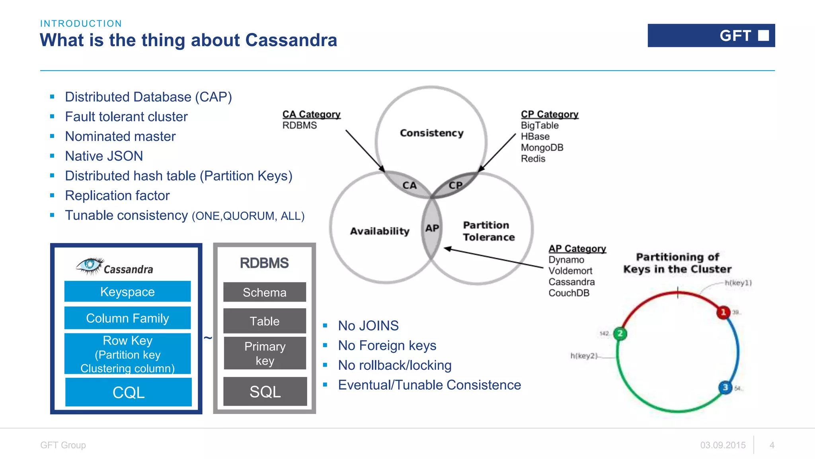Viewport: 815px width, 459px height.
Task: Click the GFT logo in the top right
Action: click(711, 35)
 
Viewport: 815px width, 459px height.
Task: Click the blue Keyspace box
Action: click(127, 292)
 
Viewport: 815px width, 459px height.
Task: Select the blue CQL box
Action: click(128, 392)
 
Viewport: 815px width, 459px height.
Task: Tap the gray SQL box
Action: click(265, 391)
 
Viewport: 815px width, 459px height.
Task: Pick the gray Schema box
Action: click(265, 292)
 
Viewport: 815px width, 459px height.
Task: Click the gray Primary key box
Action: click(265, 353)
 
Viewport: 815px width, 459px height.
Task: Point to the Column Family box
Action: click(127, 318)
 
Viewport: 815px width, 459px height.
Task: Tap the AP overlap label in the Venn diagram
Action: click(432, 228)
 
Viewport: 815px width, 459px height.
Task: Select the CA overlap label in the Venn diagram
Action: click(409, 185)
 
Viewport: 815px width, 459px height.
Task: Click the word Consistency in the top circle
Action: click(431, 133)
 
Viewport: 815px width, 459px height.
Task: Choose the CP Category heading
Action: click(549, 114)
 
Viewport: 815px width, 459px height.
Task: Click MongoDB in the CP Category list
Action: click(542, 147)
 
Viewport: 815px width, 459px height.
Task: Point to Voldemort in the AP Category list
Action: click(570, 271)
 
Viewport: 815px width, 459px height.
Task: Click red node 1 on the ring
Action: click(723, 312)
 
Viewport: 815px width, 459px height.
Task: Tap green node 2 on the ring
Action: click(620, 333)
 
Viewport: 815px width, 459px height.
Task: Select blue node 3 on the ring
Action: click(725, 387)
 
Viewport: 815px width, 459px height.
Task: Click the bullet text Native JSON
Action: click(104, 156)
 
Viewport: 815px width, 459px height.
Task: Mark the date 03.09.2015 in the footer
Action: click(723, 445)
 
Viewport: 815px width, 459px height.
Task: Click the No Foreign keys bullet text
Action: click(387, 345)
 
